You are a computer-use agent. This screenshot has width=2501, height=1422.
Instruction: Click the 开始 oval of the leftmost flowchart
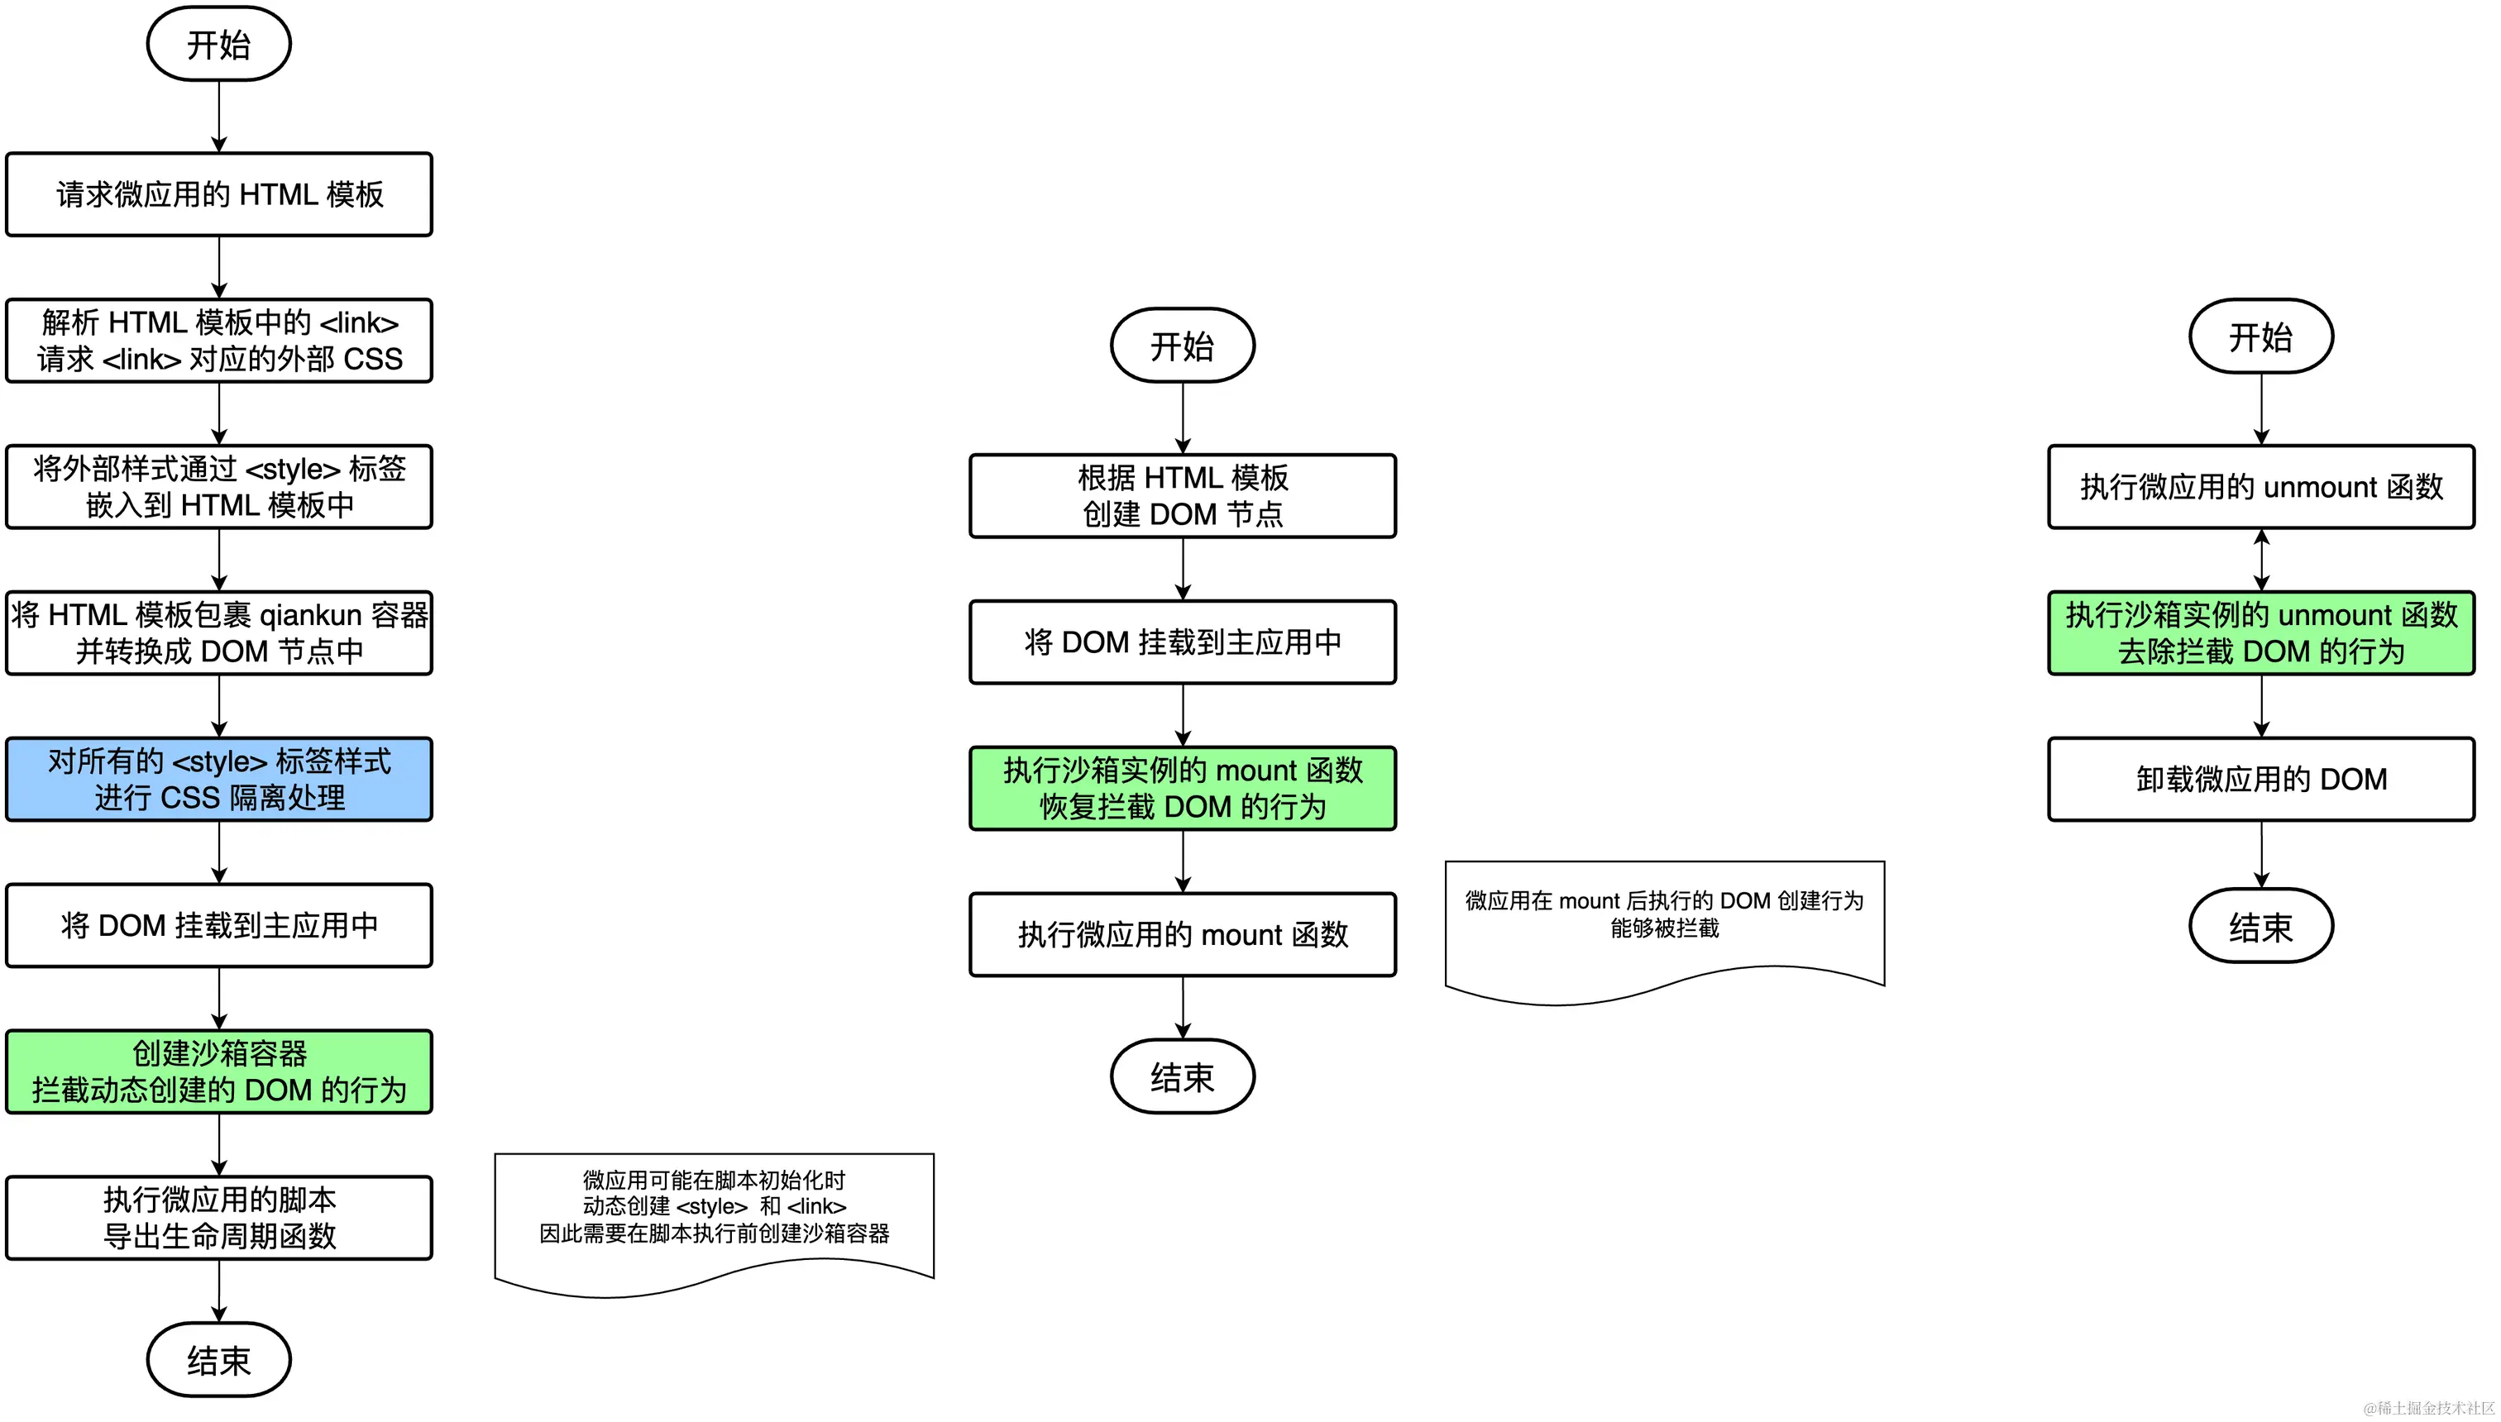[219, 44]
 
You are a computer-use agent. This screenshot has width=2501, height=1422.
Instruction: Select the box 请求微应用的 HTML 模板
[219, 194]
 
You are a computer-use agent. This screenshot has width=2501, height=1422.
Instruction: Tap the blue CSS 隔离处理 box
[219, 780]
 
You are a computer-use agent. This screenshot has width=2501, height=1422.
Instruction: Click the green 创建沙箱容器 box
[219, 1071]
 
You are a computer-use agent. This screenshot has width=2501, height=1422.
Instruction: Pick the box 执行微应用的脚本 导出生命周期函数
[219, 1218]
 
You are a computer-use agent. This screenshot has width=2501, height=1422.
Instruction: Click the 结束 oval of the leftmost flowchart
[219, 1359]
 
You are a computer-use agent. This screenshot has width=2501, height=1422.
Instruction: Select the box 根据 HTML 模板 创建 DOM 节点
[1182, 496]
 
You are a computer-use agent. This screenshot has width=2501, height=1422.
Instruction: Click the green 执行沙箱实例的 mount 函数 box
[1182, 788]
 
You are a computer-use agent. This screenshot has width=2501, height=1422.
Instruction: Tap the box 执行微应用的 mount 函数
[1182, 935]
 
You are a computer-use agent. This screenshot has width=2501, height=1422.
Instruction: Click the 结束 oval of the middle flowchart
[1182, 1076]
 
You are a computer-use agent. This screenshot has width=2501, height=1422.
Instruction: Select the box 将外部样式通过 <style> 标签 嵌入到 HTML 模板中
[219, 487]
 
